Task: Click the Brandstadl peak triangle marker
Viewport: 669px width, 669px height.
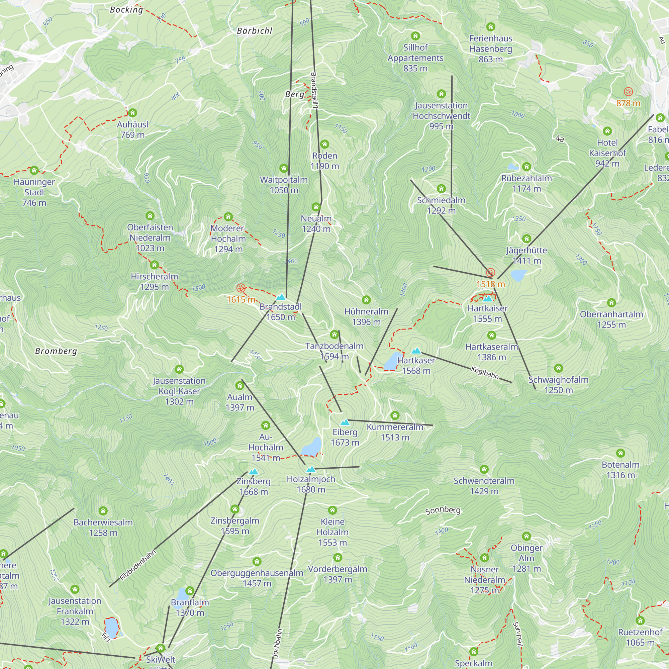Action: [x=281, y=297]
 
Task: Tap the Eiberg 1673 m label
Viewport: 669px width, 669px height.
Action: [x=345, y=437]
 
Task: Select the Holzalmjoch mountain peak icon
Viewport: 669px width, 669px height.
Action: [x=311, y=470]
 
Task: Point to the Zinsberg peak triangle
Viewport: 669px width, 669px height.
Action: [x=254, y=472]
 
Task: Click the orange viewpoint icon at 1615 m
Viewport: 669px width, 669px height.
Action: [x=241, y=288]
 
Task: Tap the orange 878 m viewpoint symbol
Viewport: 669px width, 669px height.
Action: [x=629, y=92]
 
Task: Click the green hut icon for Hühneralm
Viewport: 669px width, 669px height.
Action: [x=366, y=300]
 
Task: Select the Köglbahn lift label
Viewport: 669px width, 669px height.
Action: [x=485, y=373]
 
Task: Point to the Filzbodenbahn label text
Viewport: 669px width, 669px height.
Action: [x=138, y=565]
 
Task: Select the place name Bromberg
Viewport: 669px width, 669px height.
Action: [x=56, y=351]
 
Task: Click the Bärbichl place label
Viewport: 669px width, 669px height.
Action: [x=255, y=31]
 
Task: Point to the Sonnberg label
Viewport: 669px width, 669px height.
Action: [x=443, y=510]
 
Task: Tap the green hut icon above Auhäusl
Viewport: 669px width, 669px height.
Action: [x=132, y=113]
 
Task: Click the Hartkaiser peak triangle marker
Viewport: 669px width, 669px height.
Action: [x=488, y=298]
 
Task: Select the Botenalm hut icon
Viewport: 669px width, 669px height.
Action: [x=620, y=453]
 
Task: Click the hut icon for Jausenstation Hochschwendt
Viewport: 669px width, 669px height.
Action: [x=441, y=94]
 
